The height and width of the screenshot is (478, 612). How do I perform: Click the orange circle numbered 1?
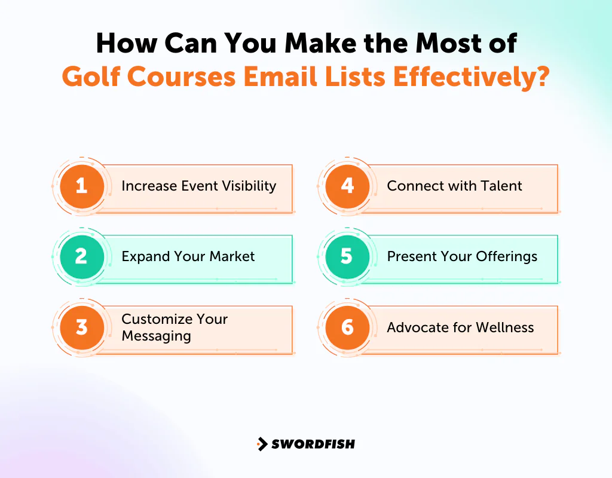tap(82, 186)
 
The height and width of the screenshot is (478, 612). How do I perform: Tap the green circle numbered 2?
tap(82, 256)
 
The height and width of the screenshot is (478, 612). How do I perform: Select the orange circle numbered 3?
tap(82, 327)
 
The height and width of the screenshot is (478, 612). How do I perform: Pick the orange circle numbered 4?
tap(347, 186)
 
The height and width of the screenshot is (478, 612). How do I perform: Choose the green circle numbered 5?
tap(347, 256)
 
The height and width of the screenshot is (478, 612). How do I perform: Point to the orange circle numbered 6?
tap(347, 327)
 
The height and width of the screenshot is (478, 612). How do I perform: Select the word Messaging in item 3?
tap(156, 336)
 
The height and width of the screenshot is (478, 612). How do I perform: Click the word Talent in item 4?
tap(501, 186)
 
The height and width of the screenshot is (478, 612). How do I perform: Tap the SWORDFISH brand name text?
tap(313, 444)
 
